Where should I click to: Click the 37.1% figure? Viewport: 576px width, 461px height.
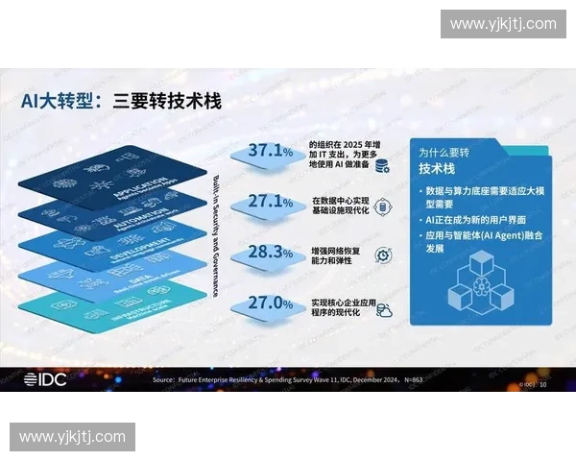point(270,151)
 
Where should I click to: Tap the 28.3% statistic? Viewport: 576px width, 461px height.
point(270,253)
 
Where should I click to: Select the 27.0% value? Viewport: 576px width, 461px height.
point(270,303)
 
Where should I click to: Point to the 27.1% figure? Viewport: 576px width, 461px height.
point(270,202)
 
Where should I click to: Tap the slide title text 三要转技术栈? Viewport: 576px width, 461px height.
point(167,99)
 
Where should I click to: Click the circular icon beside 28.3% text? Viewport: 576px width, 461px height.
point(382,255)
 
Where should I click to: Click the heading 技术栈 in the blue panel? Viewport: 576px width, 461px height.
point(441,168)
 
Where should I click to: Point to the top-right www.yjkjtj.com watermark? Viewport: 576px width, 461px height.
point(503,24)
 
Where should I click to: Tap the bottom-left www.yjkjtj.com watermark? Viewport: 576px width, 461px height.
point(72,437)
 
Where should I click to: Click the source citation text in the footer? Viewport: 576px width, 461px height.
point(288,381)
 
